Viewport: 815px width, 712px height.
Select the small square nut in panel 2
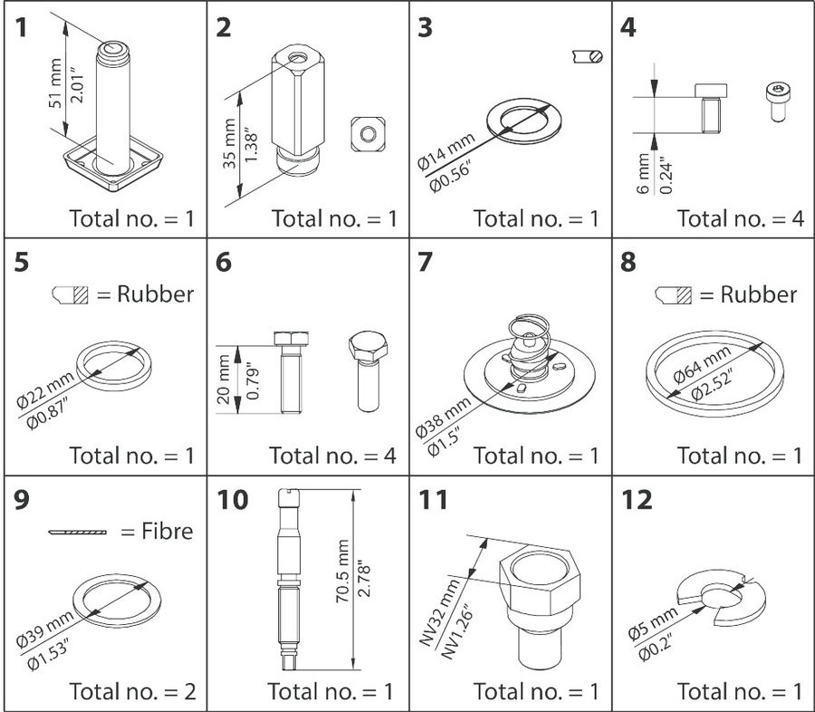pyautogui.click(x=367, y=134)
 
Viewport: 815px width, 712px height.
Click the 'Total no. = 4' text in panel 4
pyautogui.click(x=739, y=217)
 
